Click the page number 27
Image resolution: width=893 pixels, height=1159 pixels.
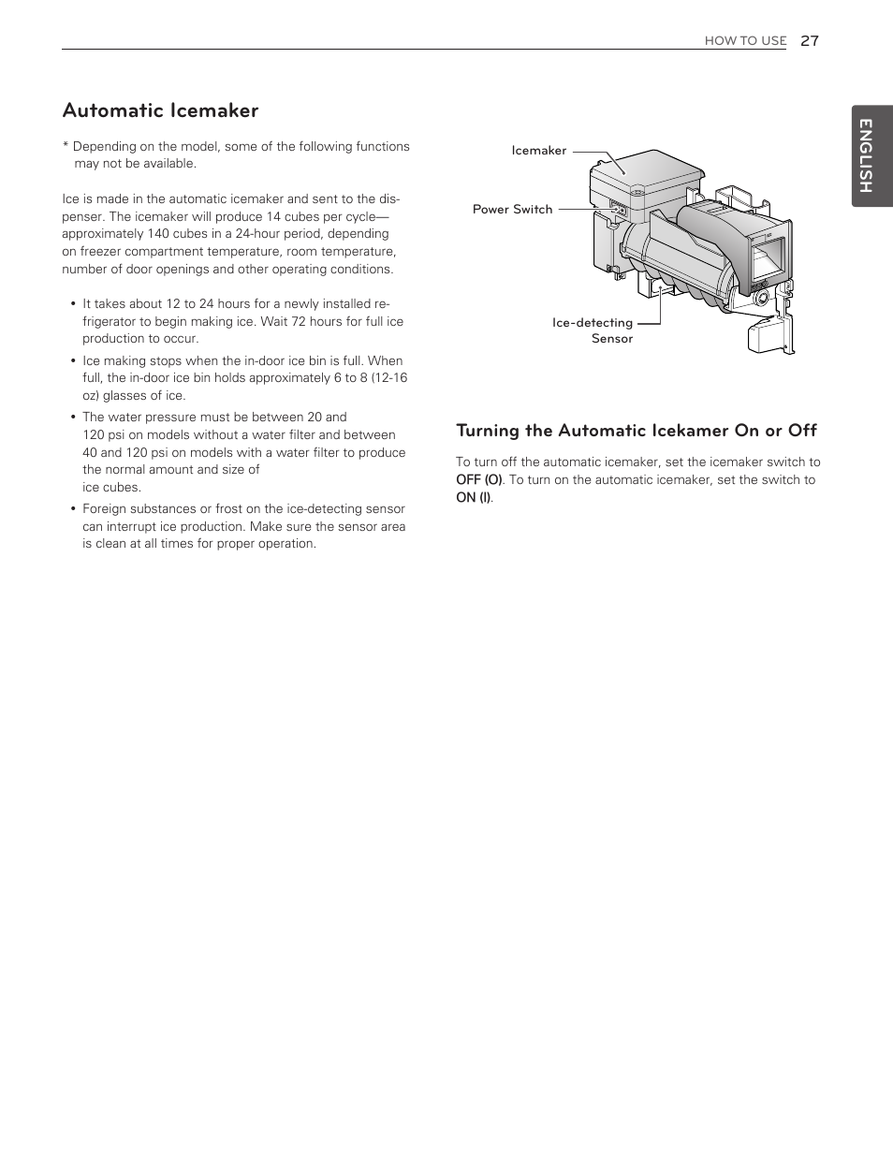810,40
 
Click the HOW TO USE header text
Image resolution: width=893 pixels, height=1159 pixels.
745,41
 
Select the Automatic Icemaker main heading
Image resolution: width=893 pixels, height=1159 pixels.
160,110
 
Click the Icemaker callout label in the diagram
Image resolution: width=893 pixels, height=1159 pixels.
538,151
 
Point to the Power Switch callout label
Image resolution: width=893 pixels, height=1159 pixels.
512,210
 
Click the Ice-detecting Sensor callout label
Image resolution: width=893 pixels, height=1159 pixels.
593,330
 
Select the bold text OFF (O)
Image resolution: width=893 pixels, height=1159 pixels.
478,479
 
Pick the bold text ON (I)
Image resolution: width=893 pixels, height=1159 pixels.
473,497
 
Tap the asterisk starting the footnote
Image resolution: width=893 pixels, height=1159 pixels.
66,147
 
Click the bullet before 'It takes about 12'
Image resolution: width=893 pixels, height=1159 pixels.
73,304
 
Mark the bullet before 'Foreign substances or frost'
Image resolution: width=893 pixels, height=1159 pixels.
73,509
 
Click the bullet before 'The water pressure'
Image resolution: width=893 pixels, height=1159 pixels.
73,418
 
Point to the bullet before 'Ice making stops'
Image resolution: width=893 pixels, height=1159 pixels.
73,361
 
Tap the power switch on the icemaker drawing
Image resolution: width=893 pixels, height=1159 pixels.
616,211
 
